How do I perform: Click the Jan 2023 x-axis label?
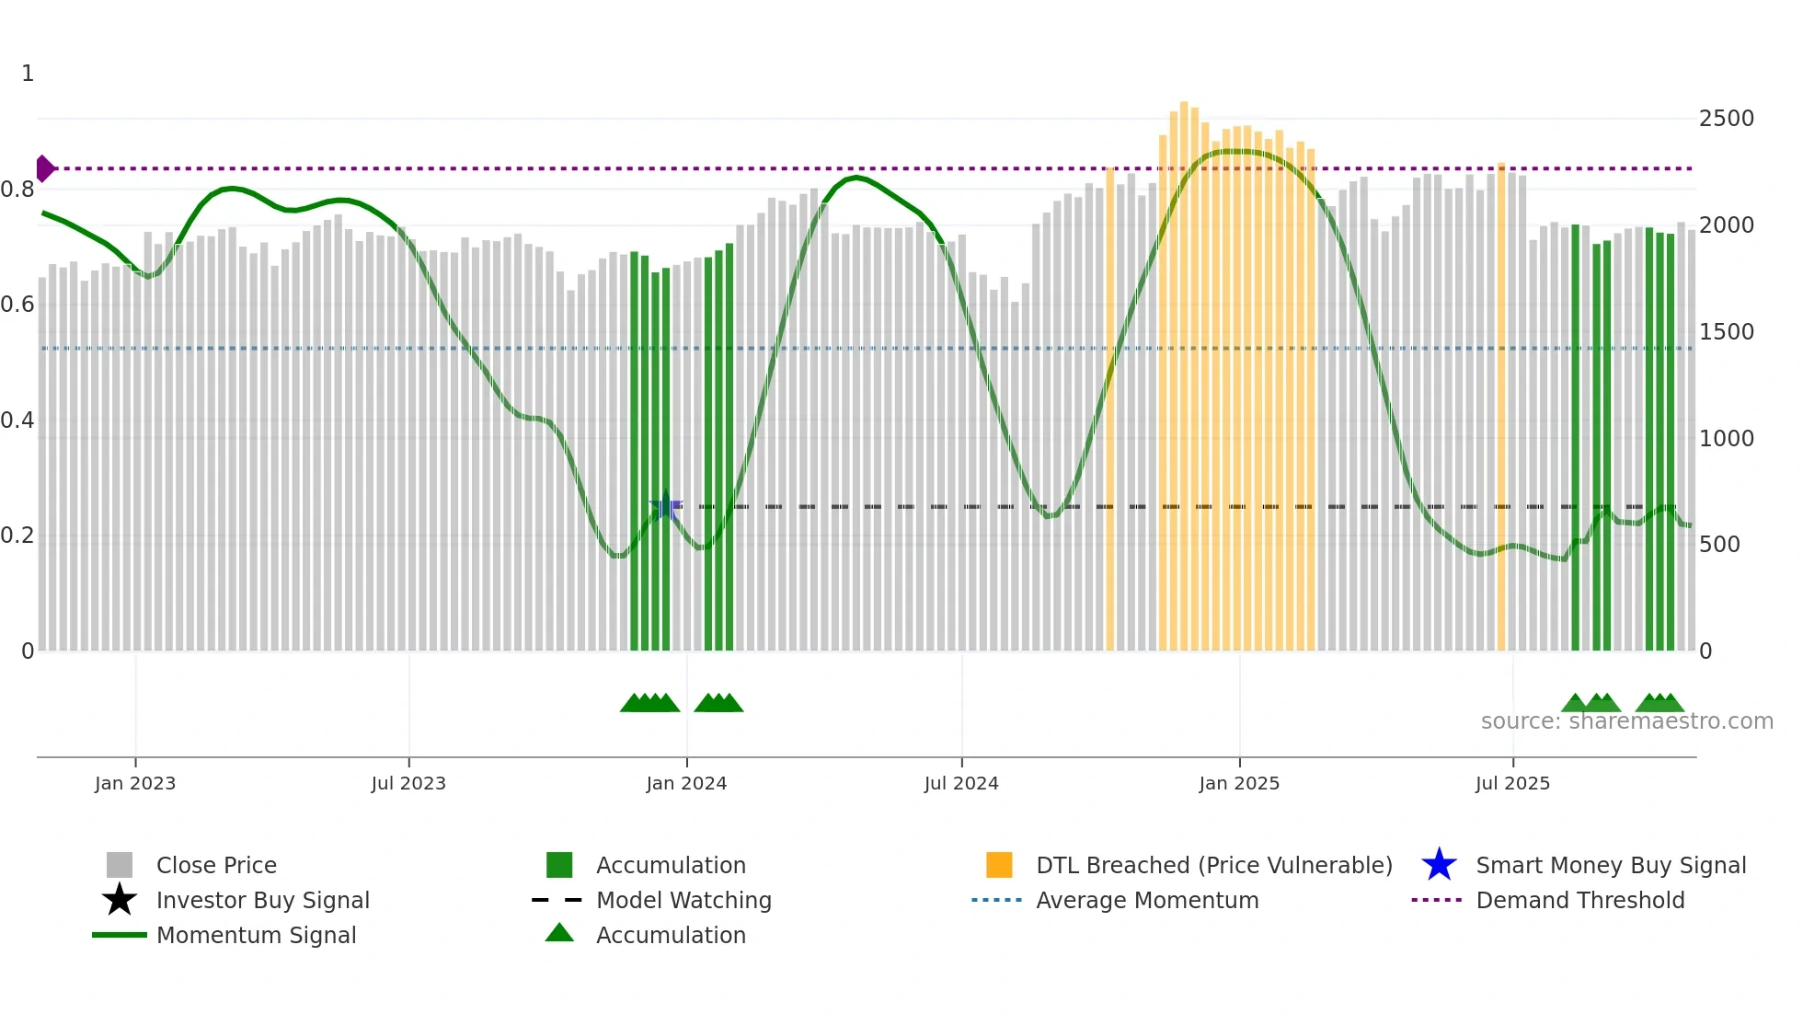pos(135,783)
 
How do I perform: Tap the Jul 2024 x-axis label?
pos(961,783)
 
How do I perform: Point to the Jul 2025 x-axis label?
pos(1512,783)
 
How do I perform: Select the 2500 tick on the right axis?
pos(1726,119)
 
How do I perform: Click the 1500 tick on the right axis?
pos(1726,332)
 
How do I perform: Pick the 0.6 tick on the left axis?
pos(18,305)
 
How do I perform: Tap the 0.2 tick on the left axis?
pos(18,536)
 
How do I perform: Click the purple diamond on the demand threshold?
pos(44,168)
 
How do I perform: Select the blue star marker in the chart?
pos(666,507)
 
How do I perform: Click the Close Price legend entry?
pos(216,865)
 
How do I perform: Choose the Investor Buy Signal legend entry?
pos(262,900)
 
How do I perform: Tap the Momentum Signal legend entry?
pos(256,935)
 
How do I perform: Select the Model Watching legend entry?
pos(683,900)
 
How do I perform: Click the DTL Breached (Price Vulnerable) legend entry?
pos(1213,865)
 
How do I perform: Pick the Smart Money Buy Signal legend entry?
pos(1610,865)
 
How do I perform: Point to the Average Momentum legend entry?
pos(1147,900)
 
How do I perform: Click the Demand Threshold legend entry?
pos(1579,900)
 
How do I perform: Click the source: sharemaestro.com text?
pos(1626,721)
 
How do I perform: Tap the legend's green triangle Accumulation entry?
pos(671,935)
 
